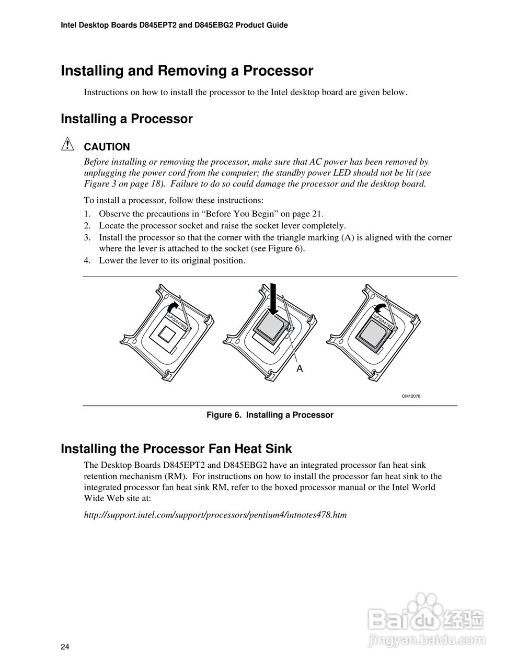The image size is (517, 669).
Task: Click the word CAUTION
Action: (x=107, y=147)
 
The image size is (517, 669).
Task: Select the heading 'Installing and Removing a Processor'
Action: (x=187, y=71)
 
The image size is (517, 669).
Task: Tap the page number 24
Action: (x=65, y=647)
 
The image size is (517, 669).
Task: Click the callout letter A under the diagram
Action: (x=300, y=368)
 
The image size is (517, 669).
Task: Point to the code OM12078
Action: (x=410, y=396)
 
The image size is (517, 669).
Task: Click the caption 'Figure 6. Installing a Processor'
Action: (x=270, y=415)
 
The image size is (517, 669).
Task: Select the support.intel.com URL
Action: (x=215, y=515)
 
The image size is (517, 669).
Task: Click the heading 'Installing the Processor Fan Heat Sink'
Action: (x=176, y=448)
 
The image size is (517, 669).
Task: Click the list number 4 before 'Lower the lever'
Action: (x=87, y=260)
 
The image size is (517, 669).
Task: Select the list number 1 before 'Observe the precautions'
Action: (x=87, y=214)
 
